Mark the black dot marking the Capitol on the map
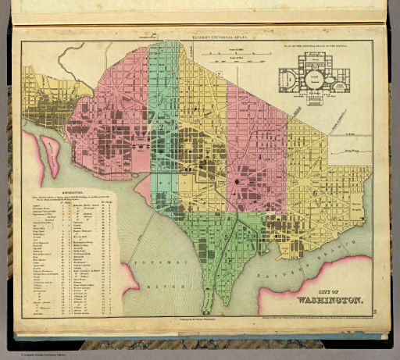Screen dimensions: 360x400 tap(236, 182)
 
